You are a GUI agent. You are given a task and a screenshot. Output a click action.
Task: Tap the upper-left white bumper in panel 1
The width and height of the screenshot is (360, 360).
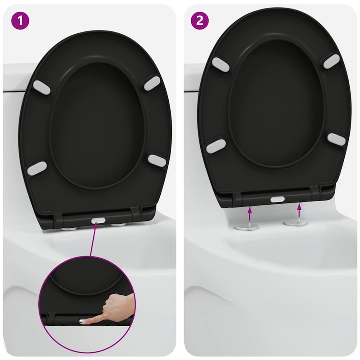42,87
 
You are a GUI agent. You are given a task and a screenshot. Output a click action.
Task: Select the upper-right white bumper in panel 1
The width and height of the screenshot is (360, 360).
153,83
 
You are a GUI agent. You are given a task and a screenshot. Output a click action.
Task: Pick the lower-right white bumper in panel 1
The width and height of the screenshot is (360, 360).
157,161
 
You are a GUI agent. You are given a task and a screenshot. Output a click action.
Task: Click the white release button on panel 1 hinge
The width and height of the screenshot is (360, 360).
99,221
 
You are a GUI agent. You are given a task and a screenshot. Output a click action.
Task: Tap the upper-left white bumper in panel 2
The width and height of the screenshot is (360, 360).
220,64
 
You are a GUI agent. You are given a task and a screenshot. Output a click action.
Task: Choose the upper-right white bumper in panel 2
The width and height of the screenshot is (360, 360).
331,61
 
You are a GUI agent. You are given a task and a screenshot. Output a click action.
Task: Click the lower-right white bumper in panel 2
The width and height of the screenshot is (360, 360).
336,139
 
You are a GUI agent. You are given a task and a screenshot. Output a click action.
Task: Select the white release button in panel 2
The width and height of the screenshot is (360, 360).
277,199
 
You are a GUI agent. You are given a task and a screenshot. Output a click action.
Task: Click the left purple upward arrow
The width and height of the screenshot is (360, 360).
250,211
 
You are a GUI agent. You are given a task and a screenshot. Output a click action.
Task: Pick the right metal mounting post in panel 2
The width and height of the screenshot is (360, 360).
295,223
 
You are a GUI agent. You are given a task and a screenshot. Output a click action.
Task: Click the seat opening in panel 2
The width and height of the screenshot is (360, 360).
276,103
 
